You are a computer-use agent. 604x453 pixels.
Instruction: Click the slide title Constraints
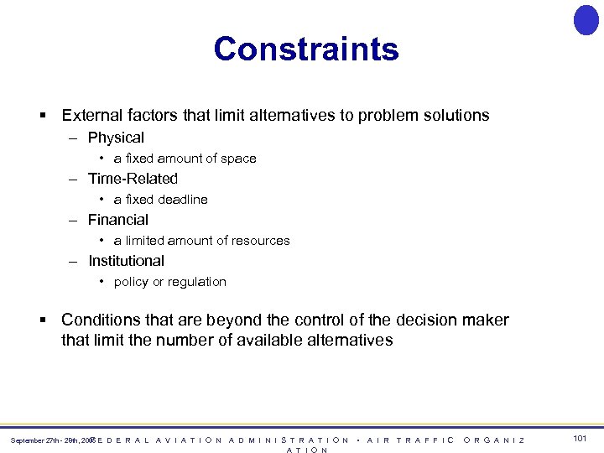(x=306, y=49)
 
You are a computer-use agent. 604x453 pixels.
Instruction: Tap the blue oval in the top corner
(x=586, y=20)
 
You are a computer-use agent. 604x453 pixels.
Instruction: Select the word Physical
(x=116, y=138)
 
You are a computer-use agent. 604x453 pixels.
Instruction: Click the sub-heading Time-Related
(x=133, y=179)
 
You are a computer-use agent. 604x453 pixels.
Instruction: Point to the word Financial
(x=118, y=220)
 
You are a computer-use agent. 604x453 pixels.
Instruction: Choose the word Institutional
(x=126, y=261)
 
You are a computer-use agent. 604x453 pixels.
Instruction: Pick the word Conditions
(x=100, y=320)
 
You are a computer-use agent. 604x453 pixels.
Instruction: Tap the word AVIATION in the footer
(x=190, y=440)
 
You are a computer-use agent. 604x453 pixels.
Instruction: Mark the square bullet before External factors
(x=41, y=115)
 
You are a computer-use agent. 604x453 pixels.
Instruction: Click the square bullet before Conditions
(x=41, y=320)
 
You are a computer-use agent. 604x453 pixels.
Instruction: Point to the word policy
(x=131, y=282)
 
